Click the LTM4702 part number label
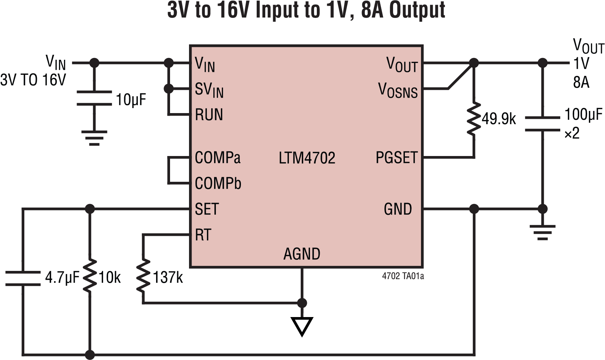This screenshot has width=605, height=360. coord(307,158)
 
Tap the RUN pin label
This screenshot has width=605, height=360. coord(209,115)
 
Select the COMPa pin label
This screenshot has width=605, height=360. coord(218,157)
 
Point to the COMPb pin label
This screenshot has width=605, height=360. coord(218,184)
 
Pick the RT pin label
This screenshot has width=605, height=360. coord(203,235)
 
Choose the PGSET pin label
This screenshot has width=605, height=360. coord(396,158)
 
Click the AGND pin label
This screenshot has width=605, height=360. coord(302,254)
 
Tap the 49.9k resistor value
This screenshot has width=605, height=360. coord(499,119)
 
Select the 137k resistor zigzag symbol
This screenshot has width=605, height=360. coord(143,277)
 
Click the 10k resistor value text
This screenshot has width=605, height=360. coord(110,278)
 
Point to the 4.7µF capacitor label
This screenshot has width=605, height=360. coord(62,278)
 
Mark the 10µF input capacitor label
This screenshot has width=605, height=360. coord(131,100)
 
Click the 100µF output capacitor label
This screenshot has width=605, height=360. coord(583,115)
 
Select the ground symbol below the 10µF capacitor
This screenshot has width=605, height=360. coord(94,138)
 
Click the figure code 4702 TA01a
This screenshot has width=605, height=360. coord(403,276)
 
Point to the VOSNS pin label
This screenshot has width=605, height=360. coord(398,90)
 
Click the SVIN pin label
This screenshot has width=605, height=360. coord(209,89)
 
